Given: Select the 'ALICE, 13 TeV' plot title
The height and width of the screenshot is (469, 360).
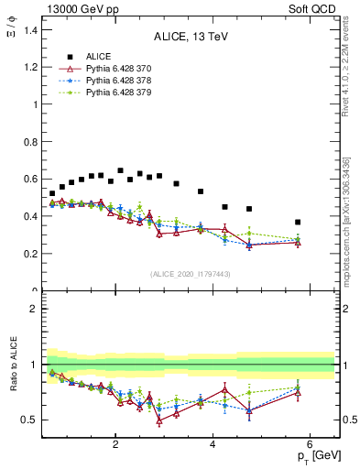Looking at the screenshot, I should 191,37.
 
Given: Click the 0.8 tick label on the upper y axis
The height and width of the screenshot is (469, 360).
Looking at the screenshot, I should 31,142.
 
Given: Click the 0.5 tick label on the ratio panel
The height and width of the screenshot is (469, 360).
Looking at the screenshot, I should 31,420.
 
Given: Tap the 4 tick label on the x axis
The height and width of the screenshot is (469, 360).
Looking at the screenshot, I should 213,445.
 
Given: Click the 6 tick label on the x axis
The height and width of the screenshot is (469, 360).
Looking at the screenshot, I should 310,445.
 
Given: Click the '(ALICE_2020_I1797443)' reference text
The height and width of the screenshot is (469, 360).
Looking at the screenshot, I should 191,274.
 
